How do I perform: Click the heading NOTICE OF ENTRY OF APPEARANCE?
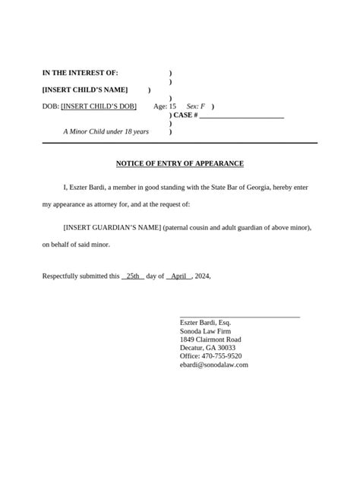(x=179, y=163)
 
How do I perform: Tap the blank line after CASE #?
(x=242, y=115)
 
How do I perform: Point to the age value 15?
(x=172, y=106)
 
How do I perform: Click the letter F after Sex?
(x=203, y=106)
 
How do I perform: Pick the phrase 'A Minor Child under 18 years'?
(x=106, y=131)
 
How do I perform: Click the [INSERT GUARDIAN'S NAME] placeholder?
(x=112, y=227)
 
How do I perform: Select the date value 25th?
(x=133, y=276)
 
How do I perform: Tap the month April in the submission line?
(x=178, y=276)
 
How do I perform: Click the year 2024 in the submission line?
(x=201, y=276)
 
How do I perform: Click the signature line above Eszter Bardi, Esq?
(x=239, y=315)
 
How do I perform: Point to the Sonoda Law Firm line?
(x=205, y=331)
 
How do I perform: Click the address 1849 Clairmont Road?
(x=210, y=339)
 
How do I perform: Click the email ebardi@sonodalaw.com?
(x=213, y=365)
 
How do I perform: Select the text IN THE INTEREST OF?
(x=80, y=73)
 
